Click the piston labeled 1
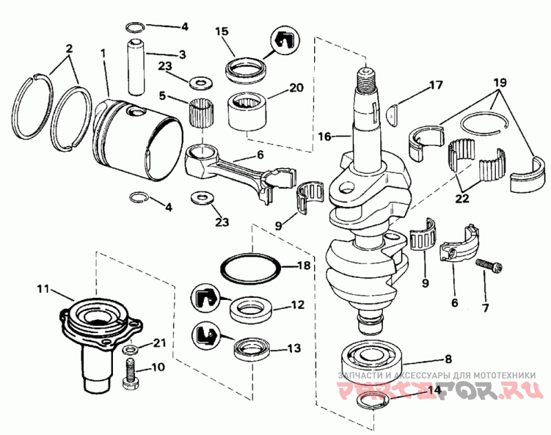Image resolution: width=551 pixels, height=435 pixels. click(137, 141)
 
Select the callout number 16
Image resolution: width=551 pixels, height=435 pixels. click(325, 136)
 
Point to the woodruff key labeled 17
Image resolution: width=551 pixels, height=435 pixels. click(392, 114)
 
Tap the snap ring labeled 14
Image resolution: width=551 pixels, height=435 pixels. click(373, 401)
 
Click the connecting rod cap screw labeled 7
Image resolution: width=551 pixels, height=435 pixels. click(489, 266)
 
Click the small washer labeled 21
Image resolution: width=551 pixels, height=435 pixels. click(130, 350)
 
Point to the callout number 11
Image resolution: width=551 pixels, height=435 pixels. click(44, 289)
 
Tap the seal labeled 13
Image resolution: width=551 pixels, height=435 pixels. click(252, 349)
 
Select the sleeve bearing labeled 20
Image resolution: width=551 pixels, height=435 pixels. click(247, 111)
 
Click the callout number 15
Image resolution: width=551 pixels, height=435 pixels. click(222, 31)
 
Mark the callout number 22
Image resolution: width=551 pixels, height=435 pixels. click(461, 199)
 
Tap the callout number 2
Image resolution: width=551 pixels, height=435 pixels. click(69, 48)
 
